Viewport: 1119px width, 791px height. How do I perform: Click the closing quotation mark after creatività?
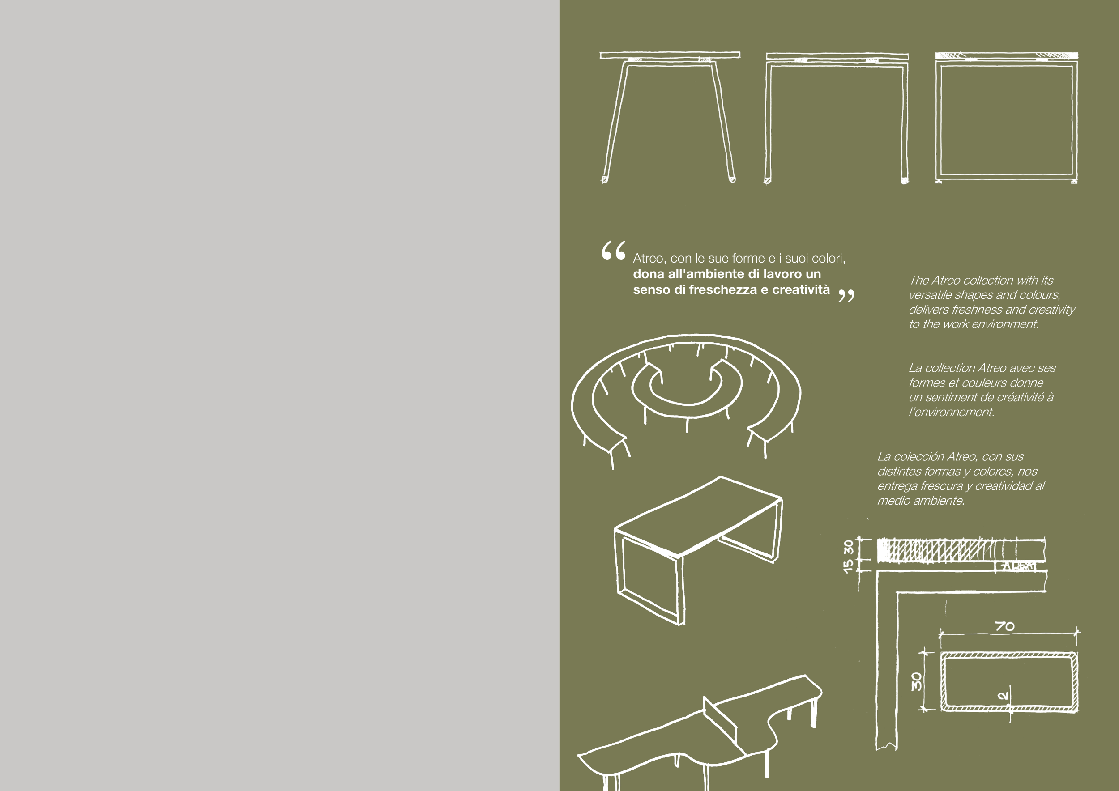(846, 295)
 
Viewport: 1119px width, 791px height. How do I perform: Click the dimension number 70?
(1004, 626)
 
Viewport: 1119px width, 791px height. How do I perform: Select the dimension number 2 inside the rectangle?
(1003, 696)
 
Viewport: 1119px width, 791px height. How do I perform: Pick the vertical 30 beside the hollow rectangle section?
(917, 681)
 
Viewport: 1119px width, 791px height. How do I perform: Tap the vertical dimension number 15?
(849, 566)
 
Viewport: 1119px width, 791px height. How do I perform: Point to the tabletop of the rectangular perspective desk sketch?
(698, 516)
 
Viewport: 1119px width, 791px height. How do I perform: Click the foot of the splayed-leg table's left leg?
(604, 179)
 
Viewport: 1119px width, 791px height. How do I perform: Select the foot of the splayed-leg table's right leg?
(731, 179)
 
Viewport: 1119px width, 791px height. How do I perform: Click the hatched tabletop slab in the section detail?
(961, 550)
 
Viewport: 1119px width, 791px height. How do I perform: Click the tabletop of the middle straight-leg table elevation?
(837, 56)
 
